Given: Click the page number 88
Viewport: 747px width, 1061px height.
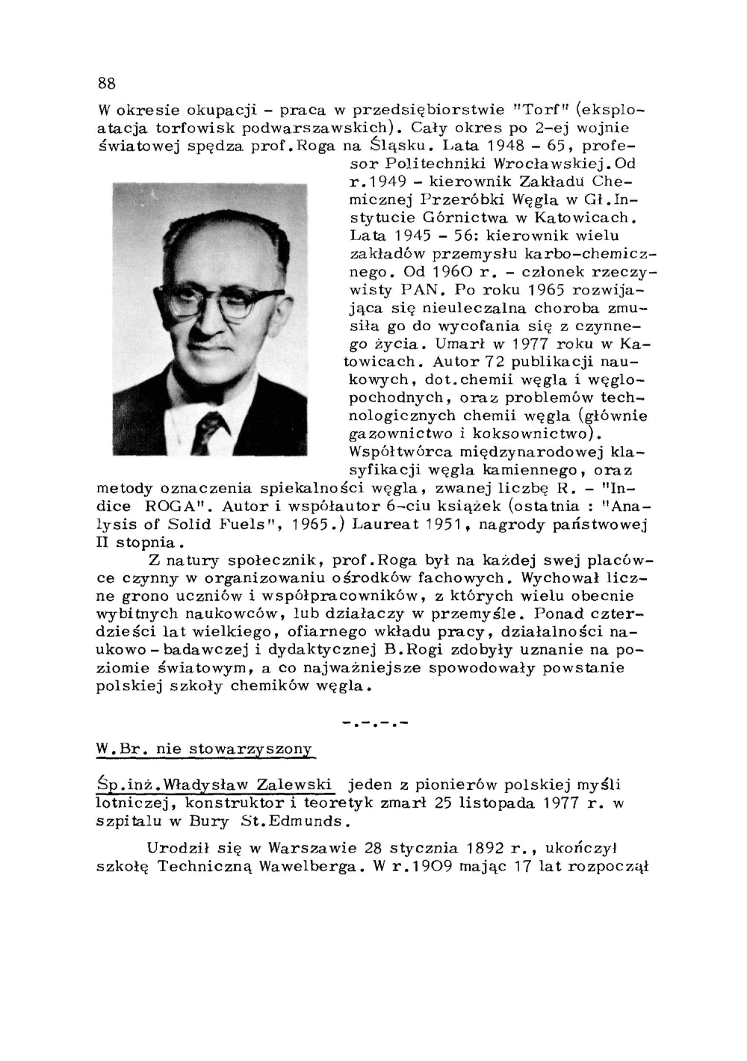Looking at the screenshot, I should (106, 82).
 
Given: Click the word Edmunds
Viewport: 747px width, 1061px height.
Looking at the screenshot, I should (312, 821).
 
